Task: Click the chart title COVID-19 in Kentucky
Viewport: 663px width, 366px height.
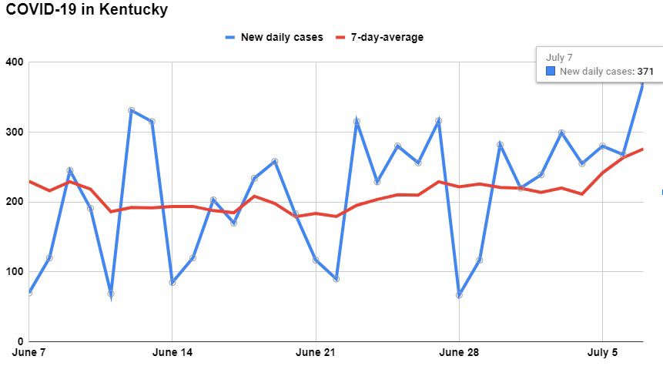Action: click(x=86, y=11)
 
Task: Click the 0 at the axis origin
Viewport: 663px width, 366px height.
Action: click(x=19, y=341)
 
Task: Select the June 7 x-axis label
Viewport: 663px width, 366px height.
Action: click(x=29, y=353)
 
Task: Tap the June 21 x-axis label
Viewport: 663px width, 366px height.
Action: click(x=316, y=353)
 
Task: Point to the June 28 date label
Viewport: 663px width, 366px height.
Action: click(x=459, y=353)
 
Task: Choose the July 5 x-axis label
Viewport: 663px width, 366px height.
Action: click(x=602, y=353)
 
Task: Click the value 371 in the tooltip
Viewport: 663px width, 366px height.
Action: click(x=645, y=72)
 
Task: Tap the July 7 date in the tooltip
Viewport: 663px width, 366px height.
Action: click(x=558, y=57)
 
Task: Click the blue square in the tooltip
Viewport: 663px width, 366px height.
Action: click(x=551, y=72)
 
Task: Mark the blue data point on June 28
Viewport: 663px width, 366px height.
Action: click(x=459, y=295)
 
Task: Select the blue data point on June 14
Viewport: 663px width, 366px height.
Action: click(x=172, y=282)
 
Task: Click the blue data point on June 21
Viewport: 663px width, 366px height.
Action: click(x=316, y=260)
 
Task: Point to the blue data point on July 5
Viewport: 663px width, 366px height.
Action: click(x=602, y=146)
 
